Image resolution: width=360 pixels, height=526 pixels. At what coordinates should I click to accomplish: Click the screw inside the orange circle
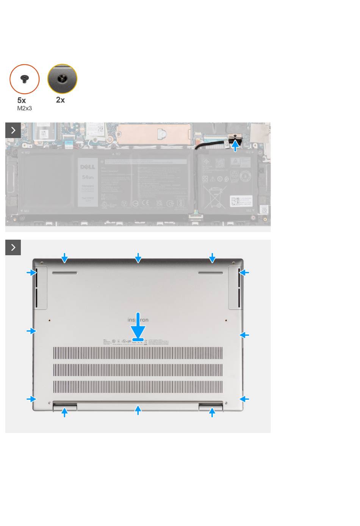coord(25,79)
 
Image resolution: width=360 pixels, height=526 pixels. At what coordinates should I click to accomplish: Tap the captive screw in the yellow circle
coord(62,79)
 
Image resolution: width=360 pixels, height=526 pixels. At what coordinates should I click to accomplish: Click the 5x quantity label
coord(22,100)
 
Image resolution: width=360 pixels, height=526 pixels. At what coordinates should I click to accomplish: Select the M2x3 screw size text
coord(25,108)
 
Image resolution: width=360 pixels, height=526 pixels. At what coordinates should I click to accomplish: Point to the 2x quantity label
coord(60,100)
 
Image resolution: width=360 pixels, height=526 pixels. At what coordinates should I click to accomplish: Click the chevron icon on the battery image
coord(13,130)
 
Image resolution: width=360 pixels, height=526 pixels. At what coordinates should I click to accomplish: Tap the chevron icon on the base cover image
coord(13,248)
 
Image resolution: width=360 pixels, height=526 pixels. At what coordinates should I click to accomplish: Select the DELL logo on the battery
coord(88,167)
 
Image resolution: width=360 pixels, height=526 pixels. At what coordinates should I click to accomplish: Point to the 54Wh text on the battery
coord(88,177)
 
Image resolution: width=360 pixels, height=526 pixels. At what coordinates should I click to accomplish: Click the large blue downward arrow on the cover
coord(138,326)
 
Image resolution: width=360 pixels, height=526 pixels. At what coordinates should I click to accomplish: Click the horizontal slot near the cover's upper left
coord(64,273)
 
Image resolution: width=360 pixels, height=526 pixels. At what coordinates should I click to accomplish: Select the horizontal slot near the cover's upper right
coord(211,273)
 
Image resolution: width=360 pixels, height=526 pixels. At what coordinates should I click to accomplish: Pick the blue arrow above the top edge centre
coord(138,258)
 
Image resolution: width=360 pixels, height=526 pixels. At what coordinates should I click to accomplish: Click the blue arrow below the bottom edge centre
coord(138,410)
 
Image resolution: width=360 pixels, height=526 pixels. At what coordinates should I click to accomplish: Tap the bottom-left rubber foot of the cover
coord(65,407)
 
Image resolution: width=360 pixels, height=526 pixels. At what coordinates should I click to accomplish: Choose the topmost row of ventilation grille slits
coord(138,353)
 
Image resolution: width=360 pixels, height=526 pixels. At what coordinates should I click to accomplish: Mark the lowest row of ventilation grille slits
coord(138,387)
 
